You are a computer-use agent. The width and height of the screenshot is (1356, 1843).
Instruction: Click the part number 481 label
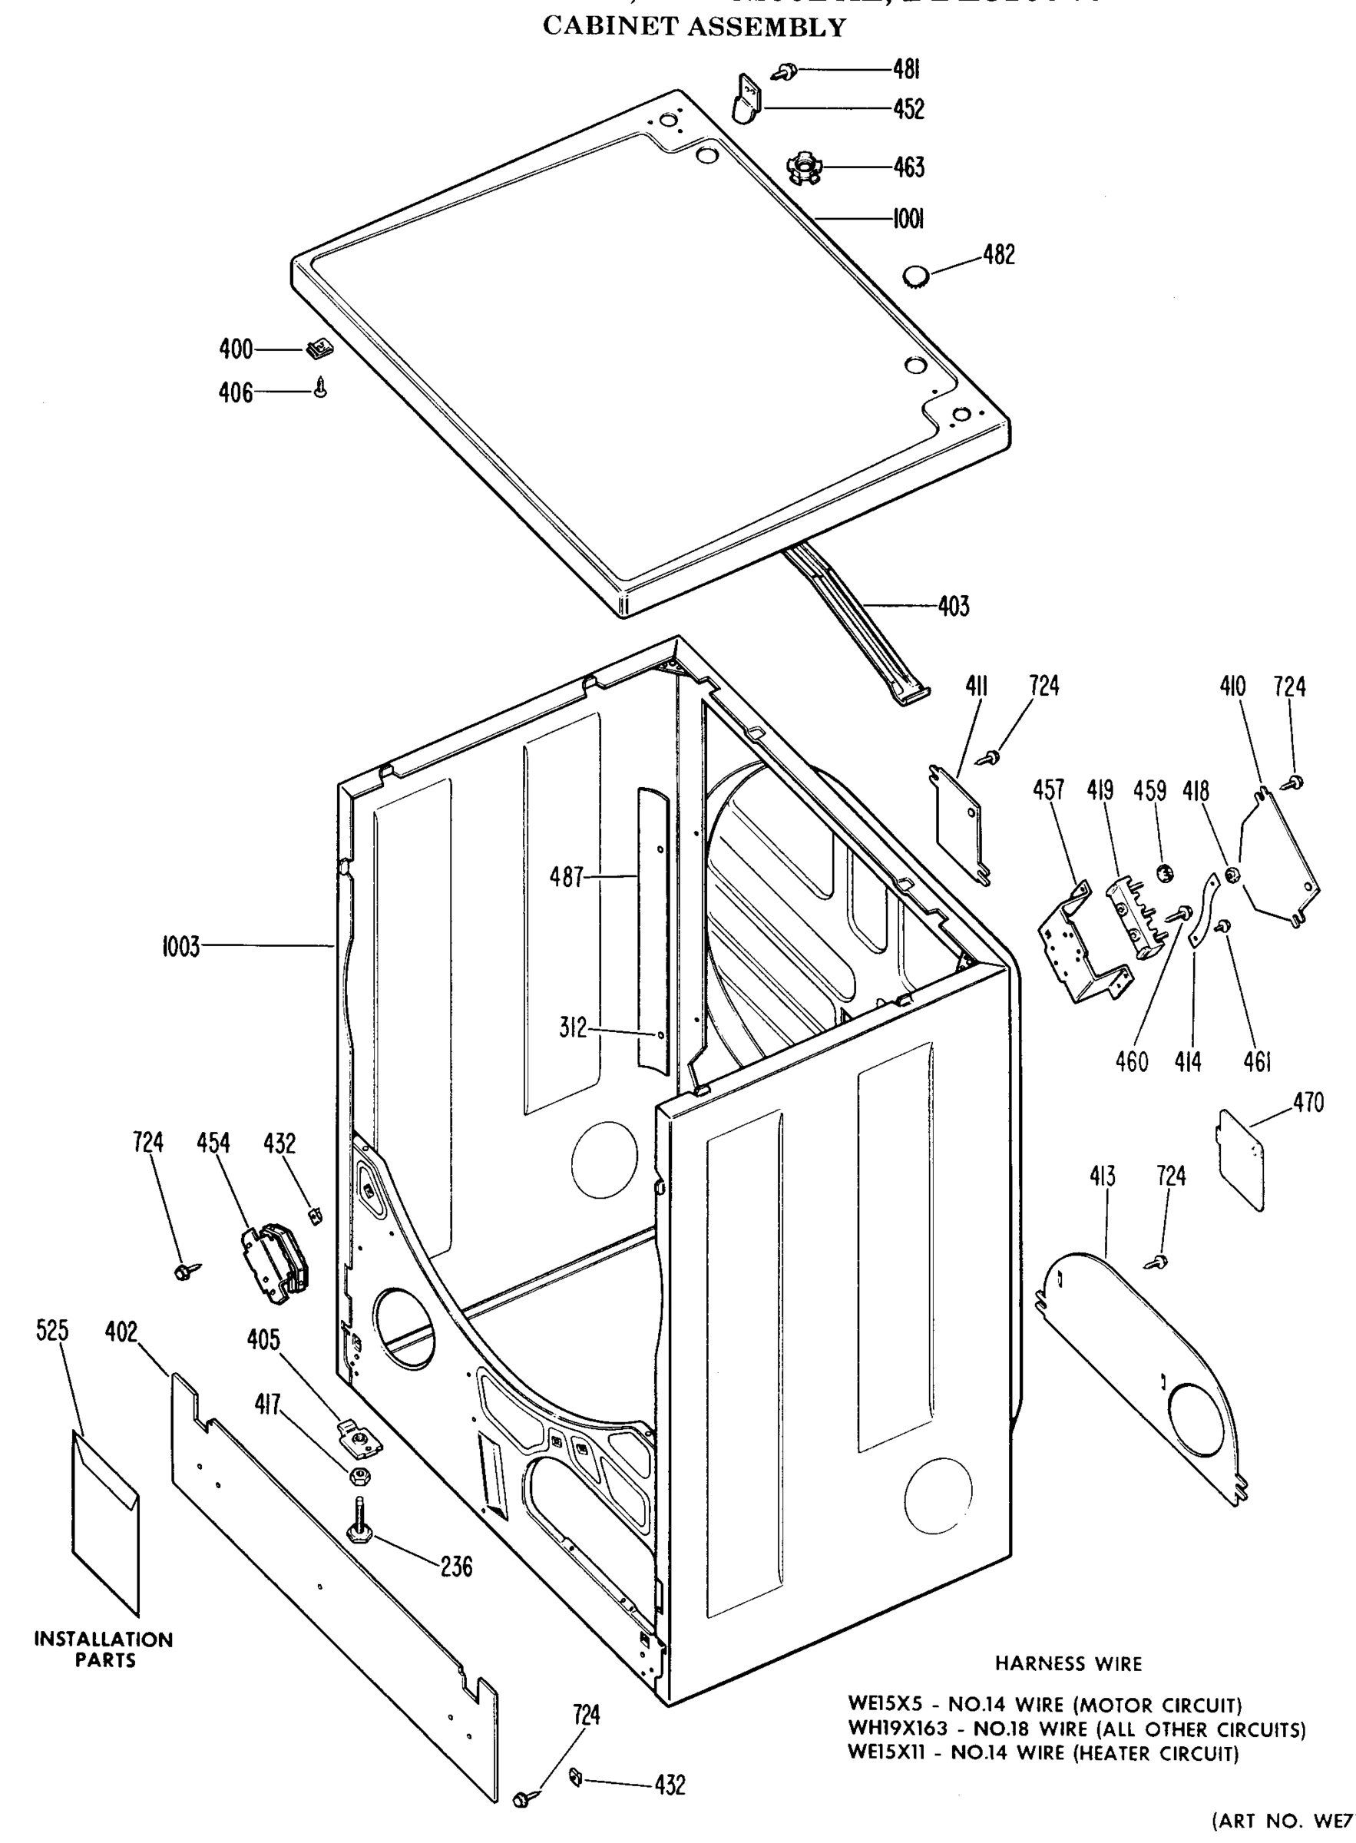coord(905,71)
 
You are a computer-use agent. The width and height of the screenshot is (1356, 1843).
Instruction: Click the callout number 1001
coord(908,218)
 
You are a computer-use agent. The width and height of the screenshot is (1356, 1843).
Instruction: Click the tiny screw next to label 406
coord(321,387)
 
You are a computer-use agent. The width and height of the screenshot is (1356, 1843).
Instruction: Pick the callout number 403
coord(953,607)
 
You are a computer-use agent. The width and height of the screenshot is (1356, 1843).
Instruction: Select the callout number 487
coord(566,878)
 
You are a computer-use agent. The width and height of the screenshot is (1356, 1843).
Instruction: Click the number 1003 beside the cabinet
coord(180,947)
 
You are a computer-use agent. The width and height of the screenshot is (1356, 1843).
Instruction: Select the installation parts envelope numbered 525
coord(106,1523)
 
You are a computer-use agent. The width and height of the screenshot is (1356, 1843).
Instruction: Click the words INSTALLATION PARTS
coord(104,1649)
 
